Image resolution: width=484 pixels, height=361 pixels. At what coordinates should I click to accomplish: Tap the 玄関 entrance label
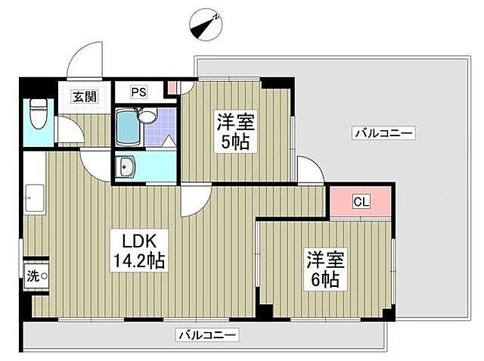84,96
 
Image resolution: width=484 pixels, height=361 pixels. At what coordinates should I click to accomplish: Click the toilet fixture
36,118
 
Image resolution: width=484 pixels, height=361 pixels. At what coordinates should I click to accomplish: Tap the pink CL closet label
361,202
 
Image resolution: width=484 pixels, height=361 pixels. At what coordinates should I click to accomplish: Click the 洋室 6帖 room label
325,269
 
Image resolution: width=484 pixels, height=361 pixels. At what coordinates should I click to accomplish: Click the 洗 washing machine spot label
36,275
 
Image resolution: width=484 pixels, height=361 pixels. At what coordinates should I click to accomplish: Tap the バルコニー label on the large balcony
383,133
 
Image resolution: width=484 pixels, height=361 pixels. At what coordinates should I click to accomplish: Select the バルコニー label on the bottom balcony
208,334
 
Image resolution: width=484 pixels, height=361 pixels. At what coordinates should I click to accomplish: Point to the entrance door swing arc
85,61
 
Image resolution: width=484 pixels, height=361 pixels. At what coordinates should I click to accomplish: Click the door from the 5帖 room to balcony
309,170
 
